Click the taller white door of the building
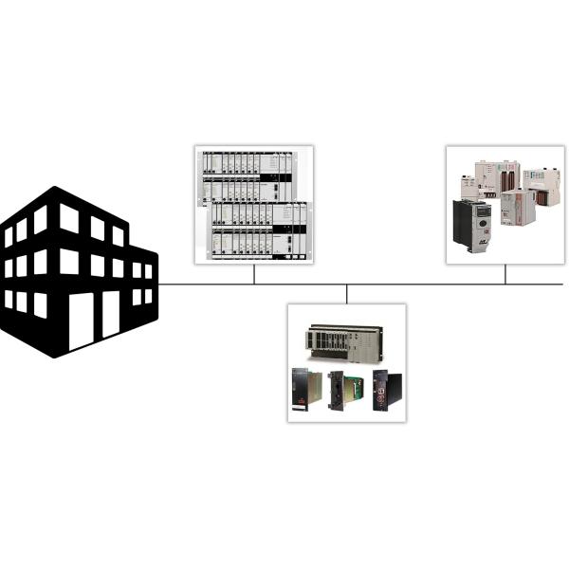82,321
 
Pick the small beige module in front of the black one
518,207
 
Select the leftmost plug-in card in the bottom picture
306,390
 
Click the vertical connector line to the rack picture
254,274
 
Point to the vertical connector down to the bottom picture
347,294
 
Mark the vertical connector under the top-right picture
505,274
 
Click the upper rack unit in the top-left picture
245,175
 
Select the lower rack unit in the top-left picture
258,228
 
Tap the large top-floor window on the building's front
69,219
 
